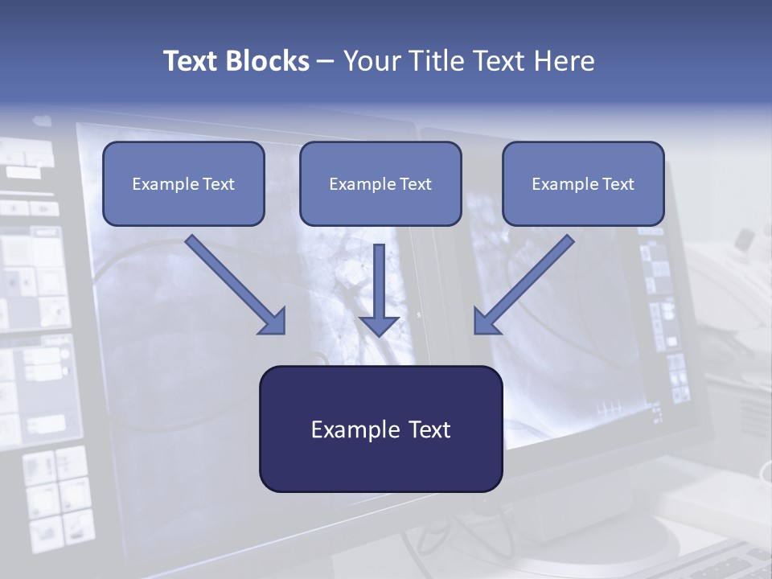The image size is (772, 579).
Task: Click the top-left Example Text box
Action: (183, 183)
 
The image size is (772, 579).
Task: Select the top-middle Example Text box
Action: (380, 183)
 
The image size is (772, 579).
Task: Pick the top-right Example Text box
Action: (583, 183)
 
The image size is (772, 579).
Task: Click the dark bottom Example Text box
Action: (380, 429)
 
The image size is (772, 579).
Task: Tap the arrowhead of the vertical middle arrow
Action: (379, 324)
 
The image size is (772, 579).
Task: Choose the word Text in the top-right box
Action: (618, 184)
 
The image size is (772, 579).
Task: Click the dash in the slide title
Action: (326, 62)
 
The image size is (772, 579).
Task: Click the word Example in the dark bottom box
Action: (355, 429)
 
